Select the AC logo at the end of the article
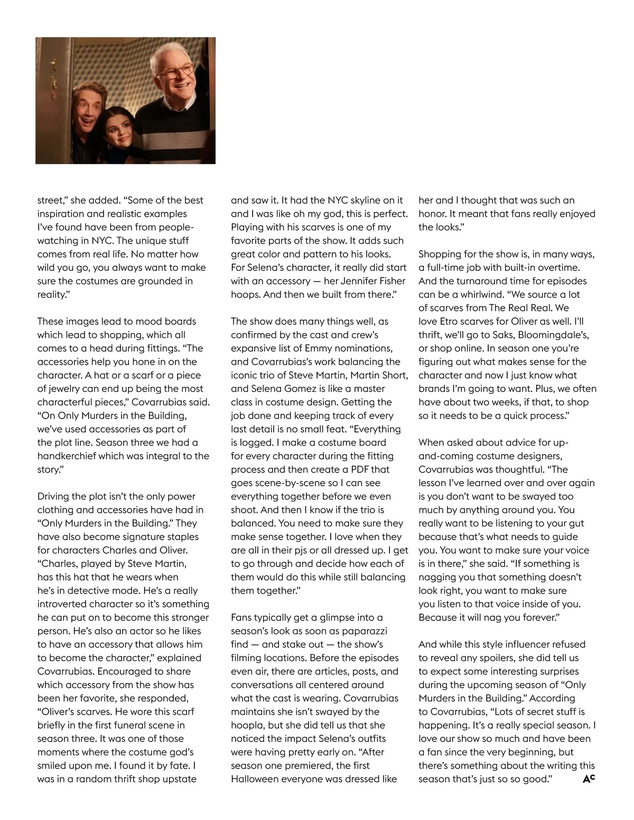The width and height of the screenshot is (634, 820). point(589,778)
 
